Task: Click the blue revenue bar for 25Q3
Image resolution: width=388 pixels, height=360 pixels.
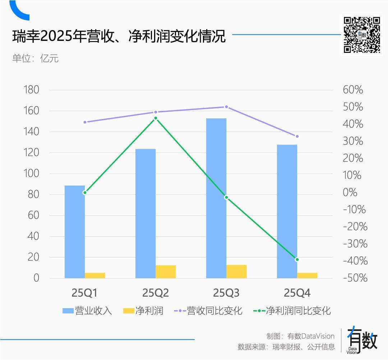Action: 216,198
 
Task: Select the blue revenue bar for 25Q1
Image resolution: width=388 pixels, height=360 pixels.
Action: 75,232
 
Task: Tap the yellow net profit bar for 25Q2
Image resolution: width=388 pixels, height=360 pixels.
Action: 166,272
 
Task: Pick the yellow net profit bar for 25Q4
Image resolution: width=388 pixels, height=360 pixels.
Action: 307,275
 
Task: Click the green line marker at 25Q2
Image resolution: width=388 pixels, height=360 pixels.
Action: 156,118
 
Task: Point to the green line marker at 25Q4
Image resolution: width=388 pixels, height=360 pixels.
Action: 297,259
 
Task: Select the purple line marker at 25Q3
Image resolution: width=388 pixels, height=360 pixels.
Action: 226,107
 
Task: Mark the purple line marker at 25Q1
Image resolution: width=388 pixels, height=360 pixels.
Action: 85,122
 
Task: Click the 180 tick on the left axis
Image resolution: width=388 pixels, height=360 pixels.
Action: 31,90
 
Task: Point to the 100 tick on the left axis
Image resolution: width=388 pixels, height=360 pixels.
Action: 31,174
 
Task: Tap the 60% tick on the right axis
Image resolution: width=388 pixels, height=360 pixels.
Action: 353,90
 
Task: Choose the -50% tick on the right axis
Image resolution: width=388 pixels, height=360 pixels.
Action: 355,278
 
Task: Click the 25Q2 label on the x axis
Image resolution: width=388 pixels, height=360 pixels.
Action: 156,293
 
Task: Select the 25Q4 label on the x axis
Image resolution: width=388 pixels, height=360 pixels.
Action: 297,293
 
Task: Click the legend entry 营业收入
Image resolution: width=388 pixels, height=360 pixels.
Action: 87,310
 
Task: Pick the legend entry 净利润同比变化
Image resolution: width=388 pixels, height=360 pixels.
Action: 292,310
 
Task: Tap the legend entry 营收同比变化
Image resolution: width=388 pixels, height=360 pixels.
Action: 208,310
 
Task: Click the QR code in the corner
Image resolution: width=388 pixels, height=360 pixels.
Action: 362,35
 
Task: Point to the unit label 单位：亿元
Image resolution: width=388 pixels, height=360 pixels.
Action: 35,58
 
